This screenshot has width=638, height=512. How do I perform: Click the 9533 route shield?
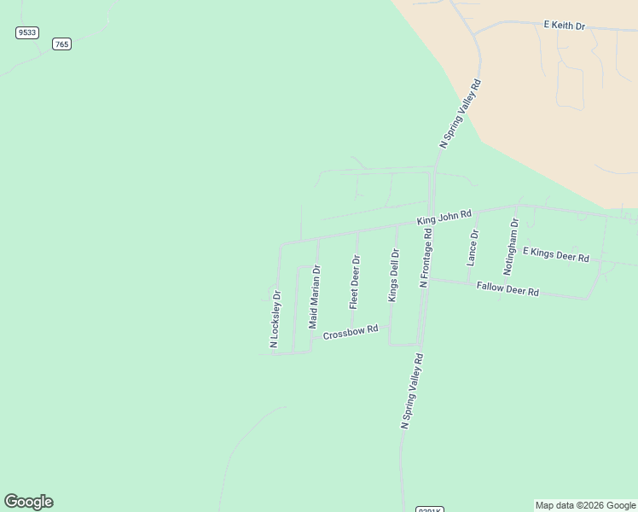27,32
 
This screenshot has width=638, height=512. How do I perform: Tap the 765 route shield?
61,44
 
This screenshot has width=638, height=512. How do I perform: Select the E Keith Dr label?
565,26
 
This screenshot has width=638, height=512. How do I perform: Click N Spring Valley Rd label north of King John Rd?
461,115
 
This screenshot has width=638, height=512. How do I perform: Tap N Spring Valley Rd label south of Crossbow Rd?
413,392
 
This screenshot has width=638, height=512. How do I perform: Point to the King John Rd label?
444,218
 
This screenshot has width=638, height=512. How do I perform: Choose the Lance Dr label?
473,248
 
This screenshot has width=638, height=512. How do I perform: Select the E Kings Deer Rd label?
556,254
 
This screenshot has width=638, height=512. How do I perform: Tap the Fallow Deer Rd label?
507,290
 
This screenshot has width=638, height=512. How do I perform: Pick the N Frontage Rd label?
425,257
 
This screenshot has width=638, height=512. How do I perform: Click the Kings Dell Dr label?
393,275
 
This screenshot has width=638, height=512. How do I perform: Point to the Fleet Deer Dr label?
354,282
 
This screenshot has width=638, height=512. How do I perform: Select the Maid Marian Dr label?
314,297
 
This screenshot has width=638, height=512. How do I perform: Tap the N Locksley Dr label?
275,320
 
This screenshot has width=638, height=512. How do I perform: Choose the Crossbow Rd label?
350,332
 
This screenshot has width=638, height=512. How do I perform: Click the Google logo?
28,502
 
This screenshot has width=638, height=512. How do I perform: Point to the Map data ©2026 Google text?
585,505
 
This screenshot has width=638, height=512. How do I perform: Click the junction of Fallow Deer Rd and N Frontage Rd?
428,279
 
